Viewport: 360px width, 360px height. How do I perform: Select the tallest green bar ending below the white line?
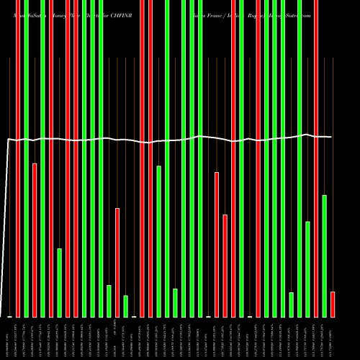158,241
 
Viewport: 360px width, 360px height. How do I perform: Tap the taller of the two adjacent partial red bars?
217,244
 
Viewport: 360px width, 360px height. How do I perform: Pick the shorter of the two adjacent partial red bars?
225,266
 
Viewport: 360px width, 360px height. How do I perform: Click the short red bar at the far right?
333,304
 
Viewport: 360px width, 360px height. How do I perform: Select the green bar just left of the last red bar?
325,256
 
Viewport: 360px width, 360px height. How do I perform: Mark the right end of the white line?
331,137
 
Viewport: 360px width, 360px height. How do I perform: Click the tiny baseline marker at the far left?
9,317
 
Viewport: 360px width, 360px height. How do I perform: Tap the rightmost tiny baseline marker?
250,317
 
